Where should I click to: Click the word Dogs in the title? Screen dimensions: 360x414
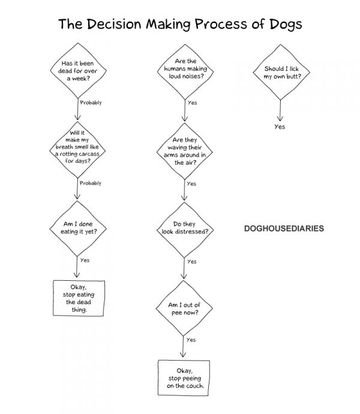(x=286, y=25)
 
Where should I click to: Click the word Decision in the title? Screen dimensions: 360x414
(x=114, y=24)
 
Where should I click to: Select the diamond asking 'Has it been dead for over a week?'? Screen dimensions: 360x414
(x=78, y=70)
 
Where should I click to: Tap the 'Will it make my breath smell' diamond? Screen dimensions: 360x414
(x=77, y=150)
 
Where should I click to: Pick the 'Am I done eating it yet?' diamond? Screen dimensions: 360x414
(x=78, y=229)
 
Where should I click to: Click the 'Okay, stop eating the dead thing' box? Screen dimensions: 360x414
(x=79, y=298)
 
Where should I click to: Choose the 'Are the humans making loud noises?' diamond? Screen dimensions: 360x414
(x=185, y=72)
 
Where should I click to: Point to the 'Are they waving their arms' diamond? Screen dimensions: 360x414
(x=185, y=151)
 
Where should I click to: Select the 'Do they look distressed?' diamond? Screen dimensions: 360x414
(x=185, y=230)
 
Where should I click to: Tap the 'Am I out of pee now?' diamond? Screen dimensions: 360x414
(x=184, y=308)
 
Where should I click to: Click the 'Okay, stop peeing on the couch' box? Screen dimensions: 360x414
(x=184, y=378)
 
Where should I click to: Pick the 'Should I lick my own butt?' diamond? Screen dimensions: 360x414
(x=281, y=72)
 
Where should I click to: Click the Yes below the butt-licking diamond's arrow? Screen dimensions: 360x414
(x=280, y=127)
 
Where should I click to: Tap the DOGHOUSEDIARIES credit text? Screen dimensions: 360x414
(x=284, y=229)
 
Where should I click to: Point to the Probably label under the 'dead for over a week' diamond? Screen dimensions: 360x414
(x=91, y=103)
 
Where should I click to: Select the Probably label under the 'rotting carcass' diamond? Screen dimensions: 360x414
(x=91, y=183)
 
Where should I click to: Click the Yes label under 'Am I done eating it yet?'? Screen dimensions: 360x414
(x=85, y=260)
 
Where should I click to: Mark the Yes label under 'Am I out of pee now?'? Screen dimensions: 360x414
(x=191, y=340)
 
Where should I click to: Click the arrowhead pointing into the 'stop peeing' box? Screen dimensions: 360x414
(x=183, y=355)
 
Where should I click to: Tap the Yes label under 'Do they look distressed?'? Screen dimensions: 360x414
(x=192, y=262)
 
